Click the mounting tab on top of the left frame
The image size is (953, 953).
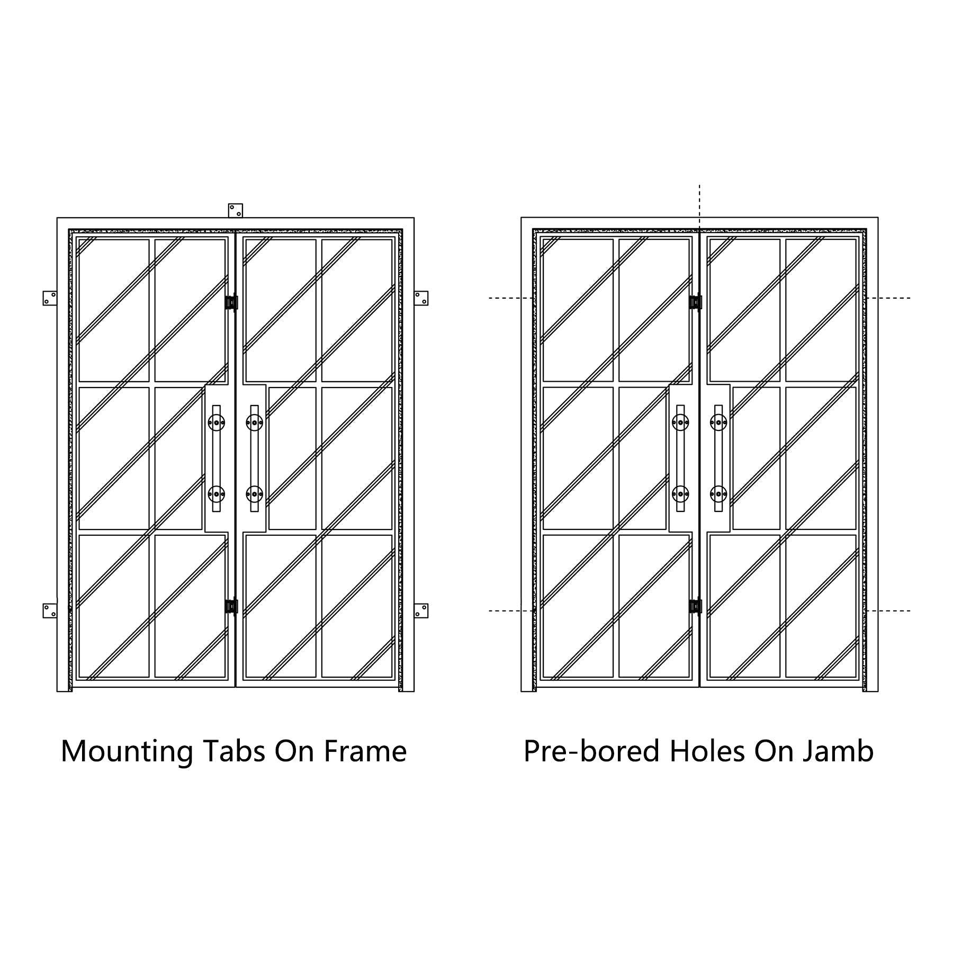point(236,210)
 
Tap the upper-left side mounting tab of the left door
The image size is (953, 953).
point(50,298)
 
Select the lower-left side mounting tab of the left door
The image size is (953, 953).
point(50,610)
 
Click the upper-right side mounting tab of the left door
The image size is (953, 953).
point(421,298)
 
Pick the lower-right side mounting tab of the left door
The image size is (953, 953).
point(421,610)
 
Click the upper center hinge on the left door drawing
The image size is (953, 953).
point(231,302)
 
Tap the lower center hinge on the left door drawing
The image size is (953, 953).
point(231,606)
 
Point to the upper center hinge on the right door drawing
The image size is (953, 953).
point(695,302)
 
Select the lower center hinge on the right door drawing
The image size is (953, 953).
point(695,606)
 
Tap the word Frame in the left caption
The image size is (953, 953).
point(365,751)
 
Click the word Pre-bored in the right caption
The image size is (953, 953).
point(592,751)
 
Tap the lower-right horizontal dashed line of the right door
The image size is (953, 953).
point(888,610)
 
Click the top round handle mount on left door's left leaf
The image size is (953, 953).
point(217,422)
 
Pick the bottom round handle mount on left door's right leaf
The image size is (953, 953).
point(255,495)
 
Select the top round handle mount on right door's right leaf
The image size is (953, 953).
point(718,422)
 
